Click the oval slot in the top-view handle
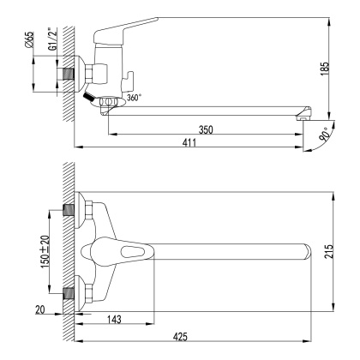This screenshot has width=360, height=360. click(x=136, y=252)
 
